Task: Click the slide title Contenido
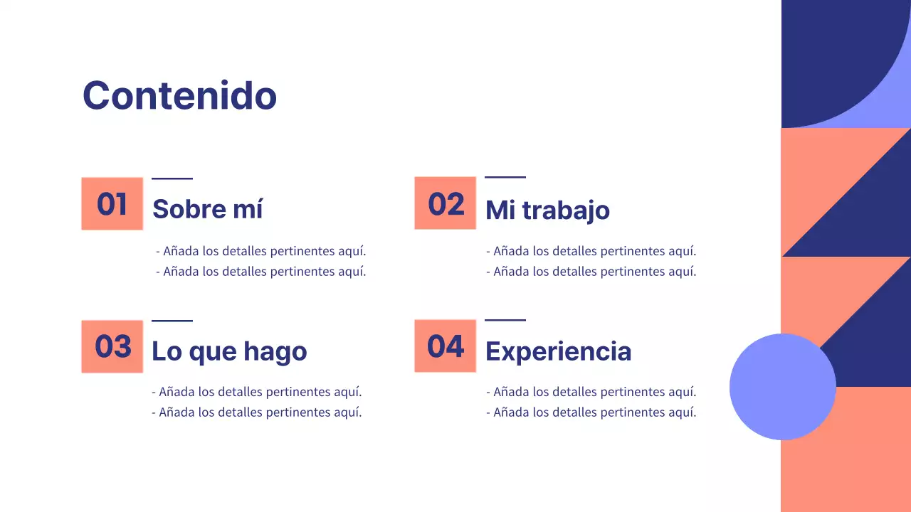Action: click(179, 95)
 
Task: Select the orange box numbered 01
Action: click(112, 203)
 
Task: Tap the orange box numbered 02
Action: click(445, 203)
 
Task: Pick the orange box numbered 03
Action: click(112, 346)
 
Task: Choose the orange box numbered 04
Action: click(445, 346)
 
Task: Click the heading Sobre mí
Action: click(207, 209)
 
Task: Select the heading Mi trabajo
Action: click(547, 210)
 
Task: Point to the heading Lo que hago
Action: click(228, 351)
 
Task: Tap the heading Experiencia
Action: click(558, 351)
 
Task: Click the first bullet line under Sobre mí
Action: click(260, 251)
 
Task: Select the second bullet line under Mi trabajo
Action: click(591, 271)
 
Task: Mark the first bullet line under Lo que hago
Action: click(256, 392)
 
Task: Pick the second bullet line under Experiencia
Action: click(591, 412)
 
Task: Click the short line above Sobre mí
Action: click(172, 178)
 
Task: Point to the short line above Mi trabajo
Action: click(505, 177)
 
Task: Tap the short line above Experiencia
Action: click(505, 320)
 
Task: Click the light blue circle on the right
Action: click(782, 387)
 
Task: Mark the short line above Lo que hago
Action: click(172, 321)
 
